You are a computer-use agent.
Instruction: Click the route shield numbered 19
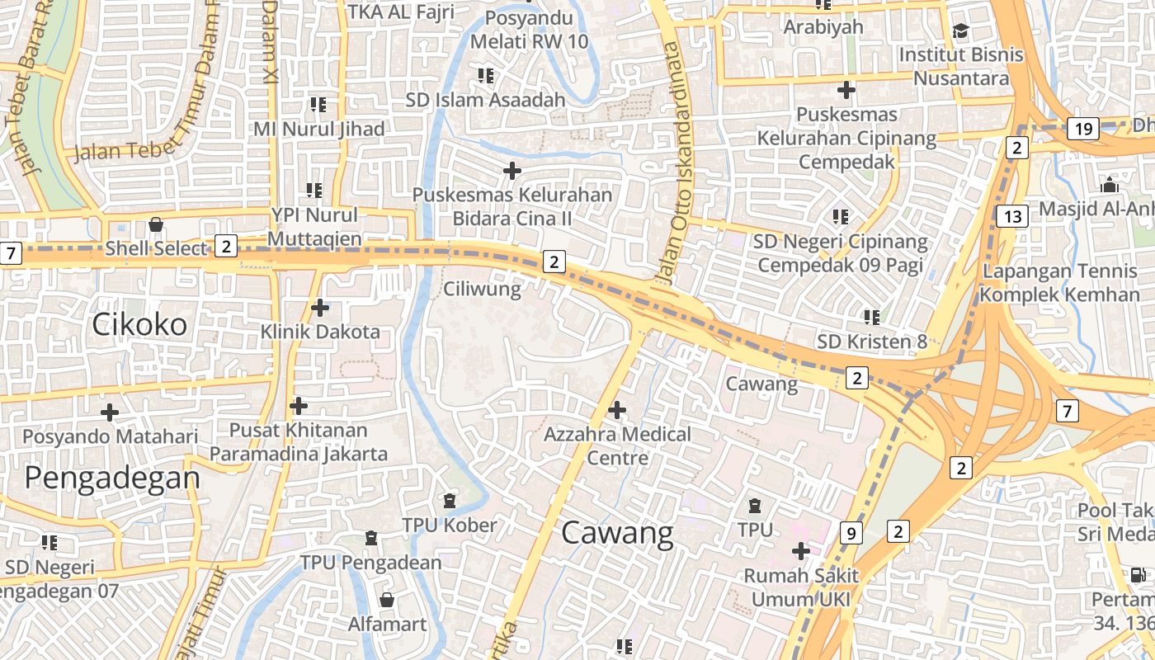click(x=1083, y=128)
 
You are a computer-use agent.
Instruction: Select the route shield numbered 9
click(x=851, y=533)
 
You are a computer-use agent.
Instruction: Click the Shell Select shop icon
click(x=155, y=224)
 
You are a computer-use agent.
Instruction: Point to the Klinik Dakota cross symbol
click(x=320, y=308)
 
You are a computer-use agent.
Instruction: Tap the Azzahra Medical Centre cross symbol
click(x=616, y=409)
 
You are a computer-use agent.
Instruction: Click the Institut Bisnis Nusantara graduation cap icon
click(x=960, y=31)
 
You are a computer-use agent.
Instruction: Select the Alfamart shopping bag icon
click(x=386, y=599)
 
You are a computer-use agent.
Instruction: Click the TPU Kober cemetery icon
click(x=449, y=501)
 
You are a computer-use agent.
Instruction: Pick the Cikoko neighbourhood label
click(x=139, y=324)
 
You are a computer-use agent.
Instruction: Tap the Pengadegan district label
click(x=112, y=477)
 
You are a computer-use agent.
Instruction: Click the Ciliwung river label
click(x=482, y=289)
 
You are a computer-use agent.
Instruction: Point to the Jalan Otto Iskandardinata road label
click(x=672, y=165)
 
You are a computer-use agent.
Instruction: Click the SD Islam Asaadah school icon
click(x=485, y=76)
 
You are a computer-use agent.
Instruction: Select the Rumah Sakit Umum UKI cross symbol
click(x=800, y=550)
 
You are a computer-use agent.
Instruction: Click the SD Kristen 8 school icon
click(x=872, y=317)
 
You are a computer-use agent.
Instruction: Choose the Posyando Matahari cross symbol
click(x=109, y=412)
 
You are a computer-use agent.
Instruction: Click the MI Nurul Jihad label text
click(x=318, y=130)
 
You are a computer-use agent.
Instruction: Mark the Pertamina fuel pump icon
click(x=1138, y=575)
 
